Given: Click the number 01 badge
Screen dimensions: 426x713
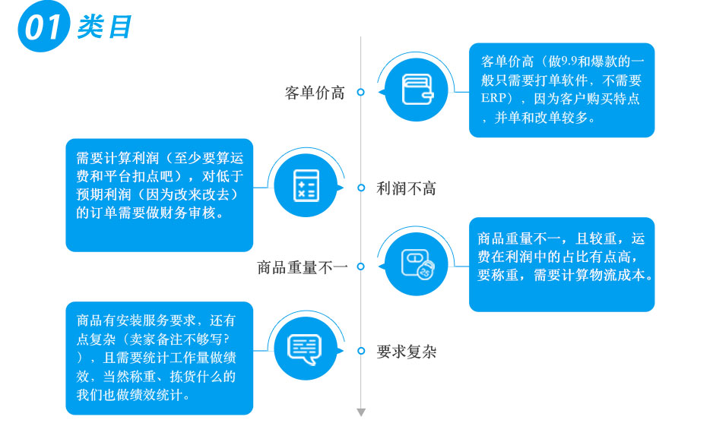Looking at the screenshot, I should click(x=43, y=27).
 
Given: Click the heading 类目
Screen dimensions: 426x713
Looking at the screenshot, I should click(x=104, y=27).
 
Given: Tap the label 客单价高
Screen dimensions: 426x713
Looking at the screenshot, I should click(x=315, y=93).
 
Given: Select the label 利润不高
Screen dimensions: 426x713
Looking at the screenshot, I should click(x=407, y=188).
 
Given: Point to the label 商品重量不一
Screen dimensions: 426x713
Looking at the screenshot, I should click(x=303, y=267).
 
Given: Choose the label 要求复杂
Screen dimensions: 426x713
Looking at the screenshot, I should click(x=407, y=352).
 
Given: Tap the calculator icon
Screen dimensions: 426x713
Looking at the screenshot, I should click(x=305, y=185).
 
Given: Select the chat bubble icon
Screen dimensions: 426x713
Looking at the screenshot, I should click(x=305, y=349).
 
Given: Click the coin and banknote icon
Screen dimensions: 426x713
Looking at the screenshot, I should click(x=417, y=264).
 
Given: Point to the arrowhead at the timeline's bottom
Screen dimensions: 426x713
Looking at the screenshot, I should click(x=361, y=412).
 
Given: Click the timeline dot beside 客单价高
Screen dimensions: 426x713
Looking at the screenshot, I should click(x=361, y=92).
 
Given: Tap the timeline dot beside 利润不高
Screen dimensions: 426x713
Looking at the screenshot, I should click(x=361, y=188).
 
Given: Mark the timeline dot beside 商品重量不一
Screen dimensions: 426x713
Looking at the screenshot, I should click(x=361, y=267).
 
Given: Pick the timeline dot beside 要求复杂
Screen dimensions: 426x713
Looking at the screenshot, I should click(x=361, y=351).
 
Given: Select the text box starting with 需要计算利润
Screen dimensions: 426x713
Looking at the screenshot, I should click(x=159, y=194).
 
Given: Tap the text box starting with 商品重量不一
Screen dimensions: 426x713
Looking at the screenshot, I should click(x=561, y=263).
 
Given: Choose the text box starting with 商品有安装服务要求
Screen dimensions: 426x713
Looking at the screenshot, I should click(x=159, y=358).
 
